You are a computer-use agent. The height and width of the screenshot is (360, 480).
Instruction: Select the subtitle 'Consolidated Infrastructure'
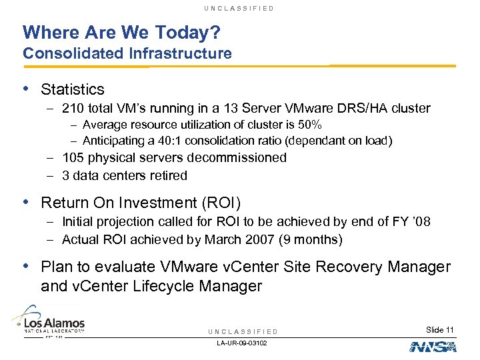127,53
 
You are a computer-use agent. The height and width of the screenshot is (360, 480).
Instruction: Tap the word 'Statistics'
73,89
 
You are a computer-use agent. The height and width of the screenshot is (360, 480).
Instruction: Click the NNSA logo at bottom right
431,347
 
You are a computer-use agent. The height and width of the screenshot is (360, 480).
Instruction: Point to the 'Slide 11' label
440,330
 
